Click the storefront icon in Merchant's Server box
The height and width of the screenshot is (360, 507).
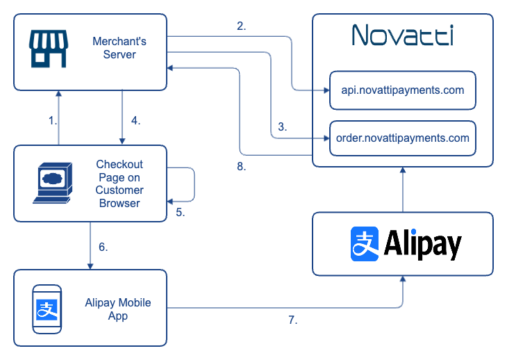pos(49,49)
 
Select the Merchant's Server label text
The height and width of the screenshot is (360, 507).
pos(119,48)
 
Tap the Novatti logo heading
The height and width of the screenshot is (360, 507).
pos(402,35)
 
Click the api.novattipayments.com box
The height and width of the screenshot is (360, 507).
pos(402,90)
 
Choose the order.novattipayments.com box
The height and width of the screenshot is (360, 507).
pos(402,138)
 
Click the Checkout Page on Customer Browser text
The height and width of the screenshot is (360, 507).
pos(119,183)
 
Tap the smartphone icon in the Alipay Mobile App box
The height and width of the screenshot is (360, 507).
pos(47,308)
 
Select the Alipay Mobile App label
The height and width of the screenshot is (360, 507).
pos(118,309)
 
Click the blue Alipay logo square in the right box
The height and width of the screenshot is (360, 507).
pos(365,244)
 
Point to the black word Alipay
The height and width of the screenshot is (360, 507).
pos(422,244)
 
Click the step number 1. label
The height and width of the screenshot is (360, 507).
pos(52,120)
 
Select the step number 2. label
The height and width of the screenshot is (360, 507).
pos(241,26)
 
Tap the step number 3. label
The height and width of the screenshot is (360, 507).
pos(282,127)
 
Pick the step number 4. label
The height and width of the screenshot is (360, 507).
pos(135,120)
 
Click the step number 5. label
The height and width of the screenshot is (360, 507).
pos(180,213)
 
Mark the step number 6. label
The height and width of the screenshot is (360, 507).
pos(103,247)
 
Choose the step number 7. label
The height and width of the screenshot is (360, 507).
pos(293,320)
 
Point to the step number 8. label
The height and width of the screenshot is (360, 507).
pos(241,167)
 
